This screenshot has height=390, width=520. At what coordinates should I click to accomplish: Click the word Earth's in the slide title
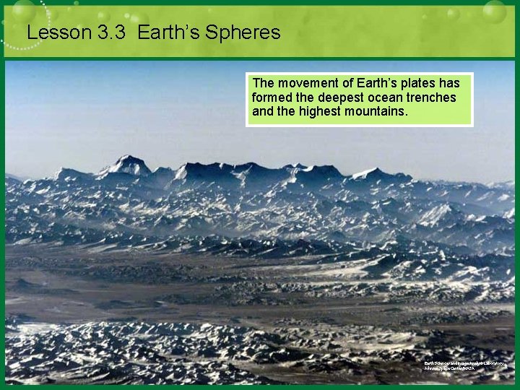(167, 32)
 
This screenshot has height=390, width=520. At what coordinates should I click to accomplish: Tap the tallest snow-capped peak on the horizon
(128, 160)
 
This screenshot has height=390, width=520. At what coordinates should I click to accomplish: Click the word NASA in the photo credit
(469, 368)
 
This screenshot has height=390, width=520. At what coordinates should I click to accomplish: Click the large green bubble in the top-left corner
(23, 10)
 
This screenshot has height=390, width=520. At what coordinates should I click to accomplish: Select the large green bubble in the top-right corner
(494, 11)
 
